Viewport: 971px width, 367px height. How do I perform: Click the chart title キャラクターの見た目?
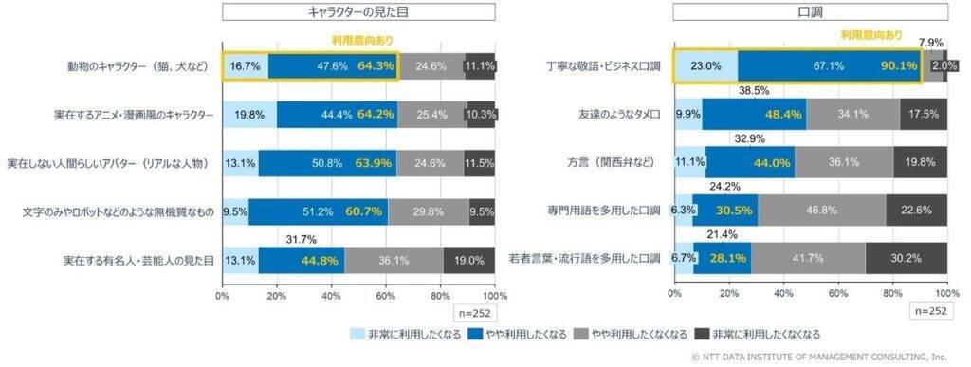(x=358, y=11)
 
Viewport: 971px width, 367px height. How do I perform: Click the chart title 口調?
(x=810, y=11)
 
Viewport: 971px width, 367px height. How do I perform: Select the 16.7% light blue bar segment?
(x=245, y=66)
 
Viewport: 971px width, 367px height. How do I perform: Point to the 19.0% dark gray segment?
(x=468, y=260)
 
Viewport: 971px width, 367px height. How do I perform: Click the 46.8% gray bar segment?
(x=821, y=211)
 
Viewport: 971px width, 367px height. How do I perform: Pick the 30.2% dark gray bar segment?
(x=906, y=259)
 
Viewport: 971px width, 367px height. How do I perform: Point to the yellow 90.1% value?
(x=896, y=66)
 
